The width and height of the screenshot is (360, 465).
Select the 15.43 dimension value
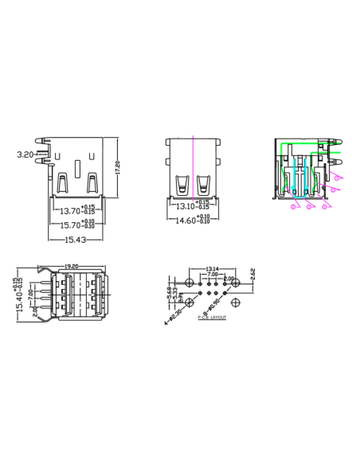click(74, 239)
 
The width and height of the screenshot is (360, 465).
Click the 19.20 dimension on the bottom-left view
click(70, 267)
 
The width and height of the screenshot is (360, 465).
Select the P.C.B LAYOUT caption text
click(212, 317)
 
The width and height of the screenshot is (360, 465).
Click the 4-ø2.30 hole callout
click(174, 316)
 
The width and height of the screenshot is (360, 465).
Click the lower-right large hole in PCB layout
click(237, 301)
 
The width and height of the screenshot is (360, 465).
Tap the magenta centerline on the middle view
click(194, 171)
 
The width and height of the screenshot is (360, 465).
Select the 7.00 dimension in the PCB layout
click(212, 274)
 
